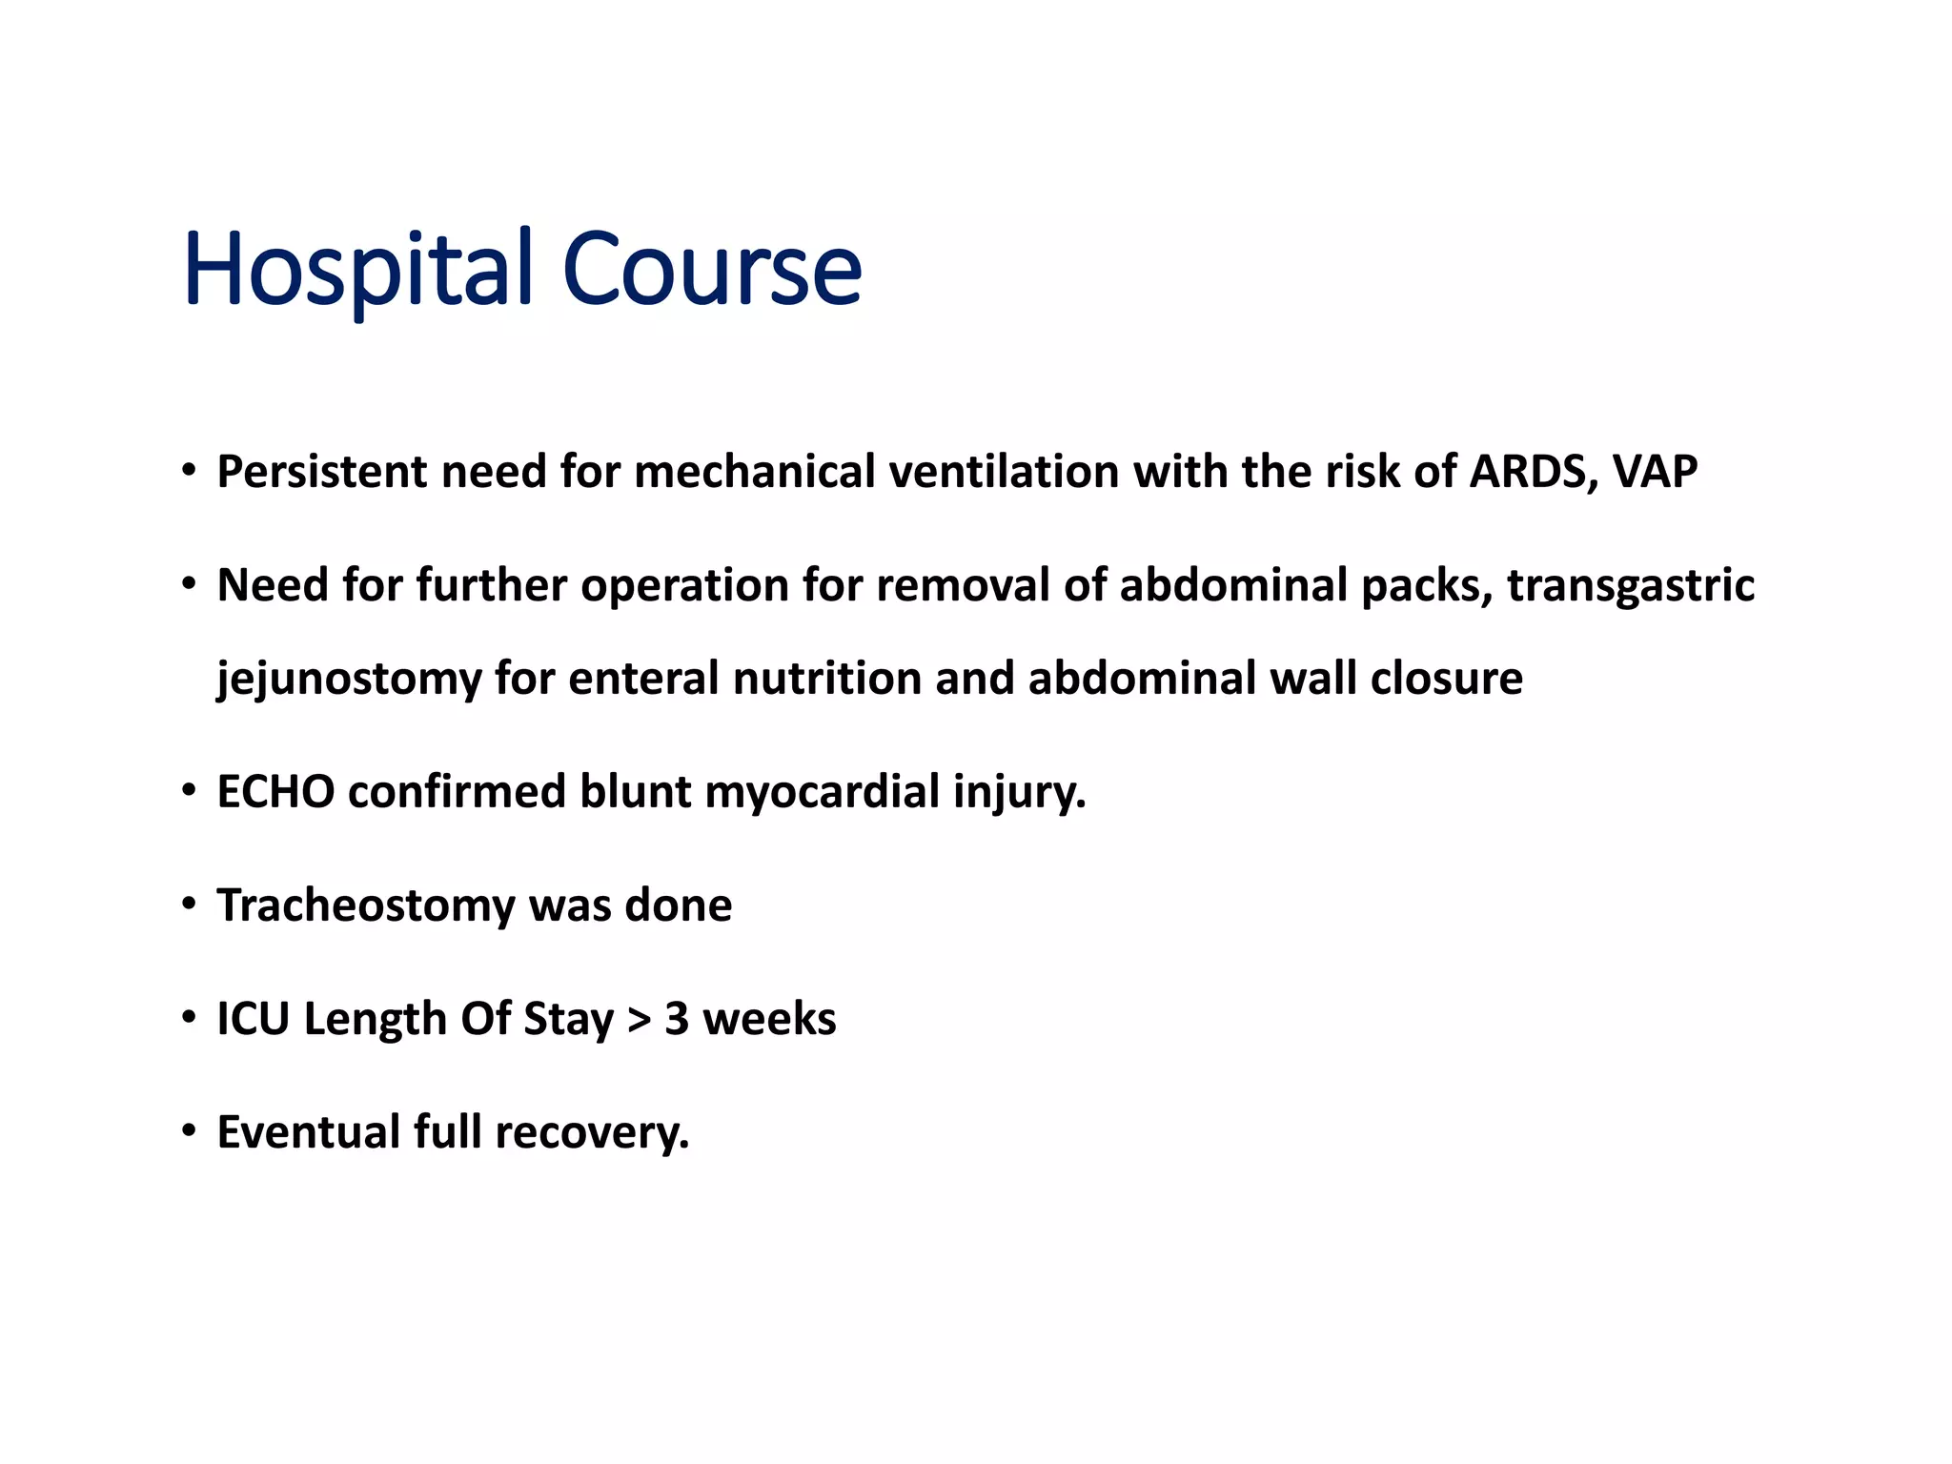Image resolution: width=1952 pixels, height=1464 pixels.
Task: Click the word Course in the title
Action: [x=712, y=270]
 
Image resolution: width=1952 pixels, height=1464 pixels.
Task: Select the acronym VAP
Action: [x=1656, y=472]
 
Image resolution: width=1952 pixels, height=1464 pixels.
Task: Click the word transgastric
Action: [x=1631, y=585]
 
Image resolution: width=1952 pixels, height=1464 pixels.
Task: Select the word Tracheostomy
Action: [x=366, y=905]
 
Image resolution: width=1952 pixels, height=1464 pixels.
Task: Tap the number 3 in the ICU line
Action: [x=677, y=1019]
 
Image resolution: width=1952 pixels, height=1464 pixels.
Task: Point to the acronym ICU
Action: [x=253, y=1019]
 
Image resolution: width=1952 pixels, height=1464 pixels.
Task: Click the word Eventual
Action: [x=309, y=1132]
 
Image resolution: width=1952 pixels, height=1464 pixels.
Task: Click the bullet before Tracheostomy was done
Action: [x=189, y=902]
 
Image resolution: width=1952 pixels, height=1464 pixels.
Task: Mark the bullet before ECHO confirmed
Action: [x=189, y=789]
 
